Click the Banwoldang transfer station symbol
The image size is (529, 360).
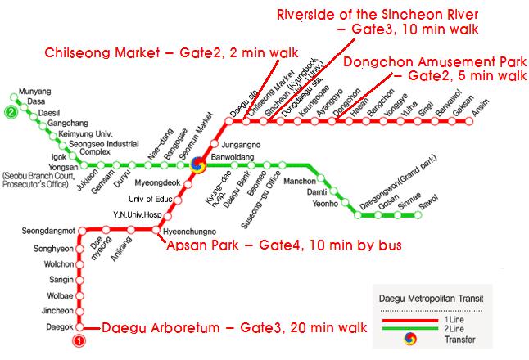197,165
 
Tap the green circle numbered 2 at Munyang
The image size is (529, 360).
11,113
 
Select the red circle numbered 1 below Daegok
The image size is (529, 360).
79,340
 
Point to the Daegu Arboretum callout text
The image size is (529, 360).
233,328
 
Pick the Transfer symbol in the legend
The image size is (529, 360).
423,339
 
